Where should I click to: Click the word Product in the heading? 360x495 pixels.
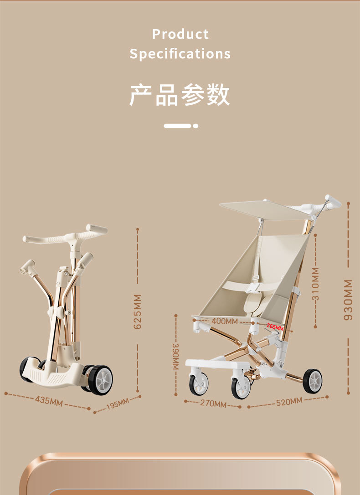pos(180,34)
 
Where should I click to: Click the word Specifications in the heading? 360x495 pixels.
pos(180,54)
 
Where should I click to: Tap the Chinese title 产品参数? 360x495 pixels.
pos(180,95)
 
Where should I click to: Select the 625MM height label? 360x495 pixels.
pos(138,311)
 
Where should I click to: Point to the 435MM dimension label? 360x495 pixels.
pos(49,401)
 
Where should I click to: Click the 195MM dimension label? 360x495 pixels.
pos(117,403)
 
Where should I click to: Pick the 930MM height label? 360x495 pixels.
pos(348,299)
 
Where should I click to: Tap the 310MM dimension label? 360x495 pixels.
pos(315,284)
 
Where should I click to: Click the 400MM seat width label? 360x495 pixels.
pos(225,321)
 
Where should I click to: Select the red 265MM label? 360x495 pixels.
pos(275,327)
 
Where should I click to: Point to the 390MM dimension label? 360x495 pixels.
pos(175,356)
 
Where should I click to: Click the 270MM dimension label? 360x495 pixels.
pos(213,403)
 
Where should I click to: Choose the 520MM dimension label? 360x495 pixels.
pos(289,401)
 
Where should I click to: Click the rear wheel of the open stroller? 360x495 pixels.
pos(312,381)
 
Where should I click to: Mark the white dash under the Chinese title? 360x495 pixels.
pos(177,126)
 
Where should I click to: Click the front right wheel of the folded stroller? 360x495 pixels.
pos(100,379)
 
